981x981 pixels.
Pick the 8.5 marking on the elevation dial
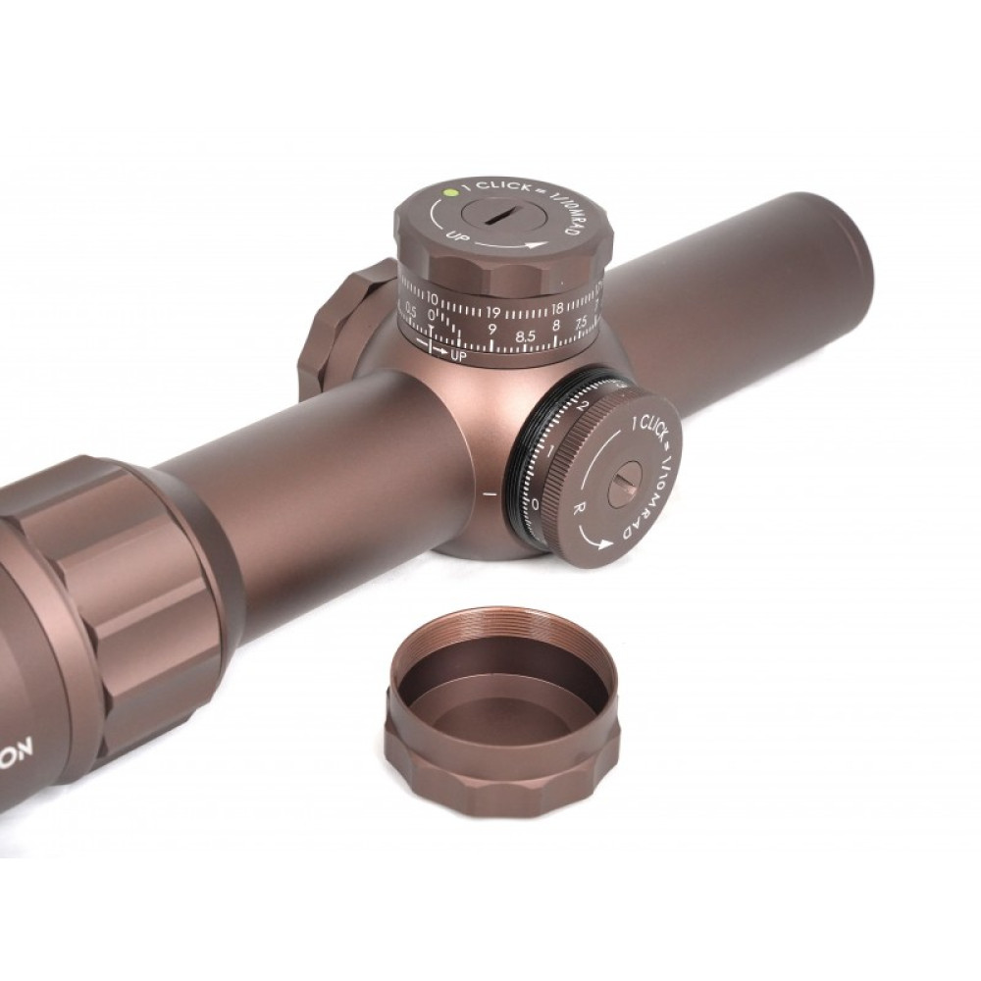click(526, 336)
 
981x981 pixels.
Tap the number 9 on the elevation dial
click(491, 329)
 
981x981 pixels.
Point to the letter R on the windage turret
click(580, 509)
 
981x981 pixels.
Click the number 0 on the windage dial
click(535, 503)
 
